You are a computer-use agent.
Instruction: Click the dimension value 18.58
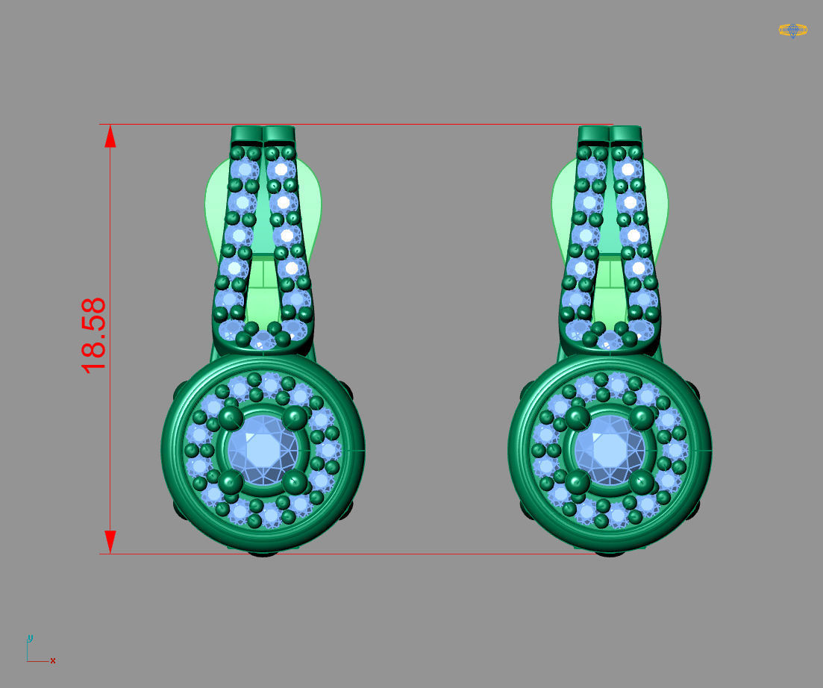click(93, 336)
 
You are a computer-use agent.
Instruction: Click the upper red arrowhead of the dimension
click(110, 137)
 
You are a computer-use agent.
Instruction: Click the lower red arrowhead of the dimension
click(110, 541)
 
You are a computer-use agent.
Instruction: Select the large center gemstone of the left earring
click(263, 449)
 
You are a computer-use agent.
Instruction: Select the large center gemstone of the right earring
click(610, 449)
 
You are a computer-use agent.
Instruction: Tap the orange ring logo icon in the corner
click(792, 30)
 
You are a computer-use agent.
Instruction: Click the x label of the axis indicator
click(53, 660)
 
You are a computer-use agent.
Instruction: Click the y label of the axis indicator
click(30, 638)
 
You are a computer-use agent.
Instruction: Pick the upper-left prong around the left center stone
click(230, 418)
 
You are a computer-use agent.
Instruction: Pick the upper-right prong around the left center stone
click(295, 418)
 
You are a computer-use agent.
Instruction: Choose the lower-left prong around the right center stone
click(577, 481)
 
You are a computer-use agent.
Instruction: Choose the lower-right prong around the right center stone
click(642, 481)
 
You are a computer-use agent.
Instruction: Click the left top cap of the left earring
click(247, 134)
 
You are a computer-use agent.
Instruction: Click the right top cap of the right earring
click(626, 134)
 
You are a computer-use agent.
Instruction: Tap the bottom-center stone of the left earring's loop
click(263, 341)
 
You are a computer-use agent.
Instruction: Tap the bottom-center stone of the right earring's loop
click(610, 341)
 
